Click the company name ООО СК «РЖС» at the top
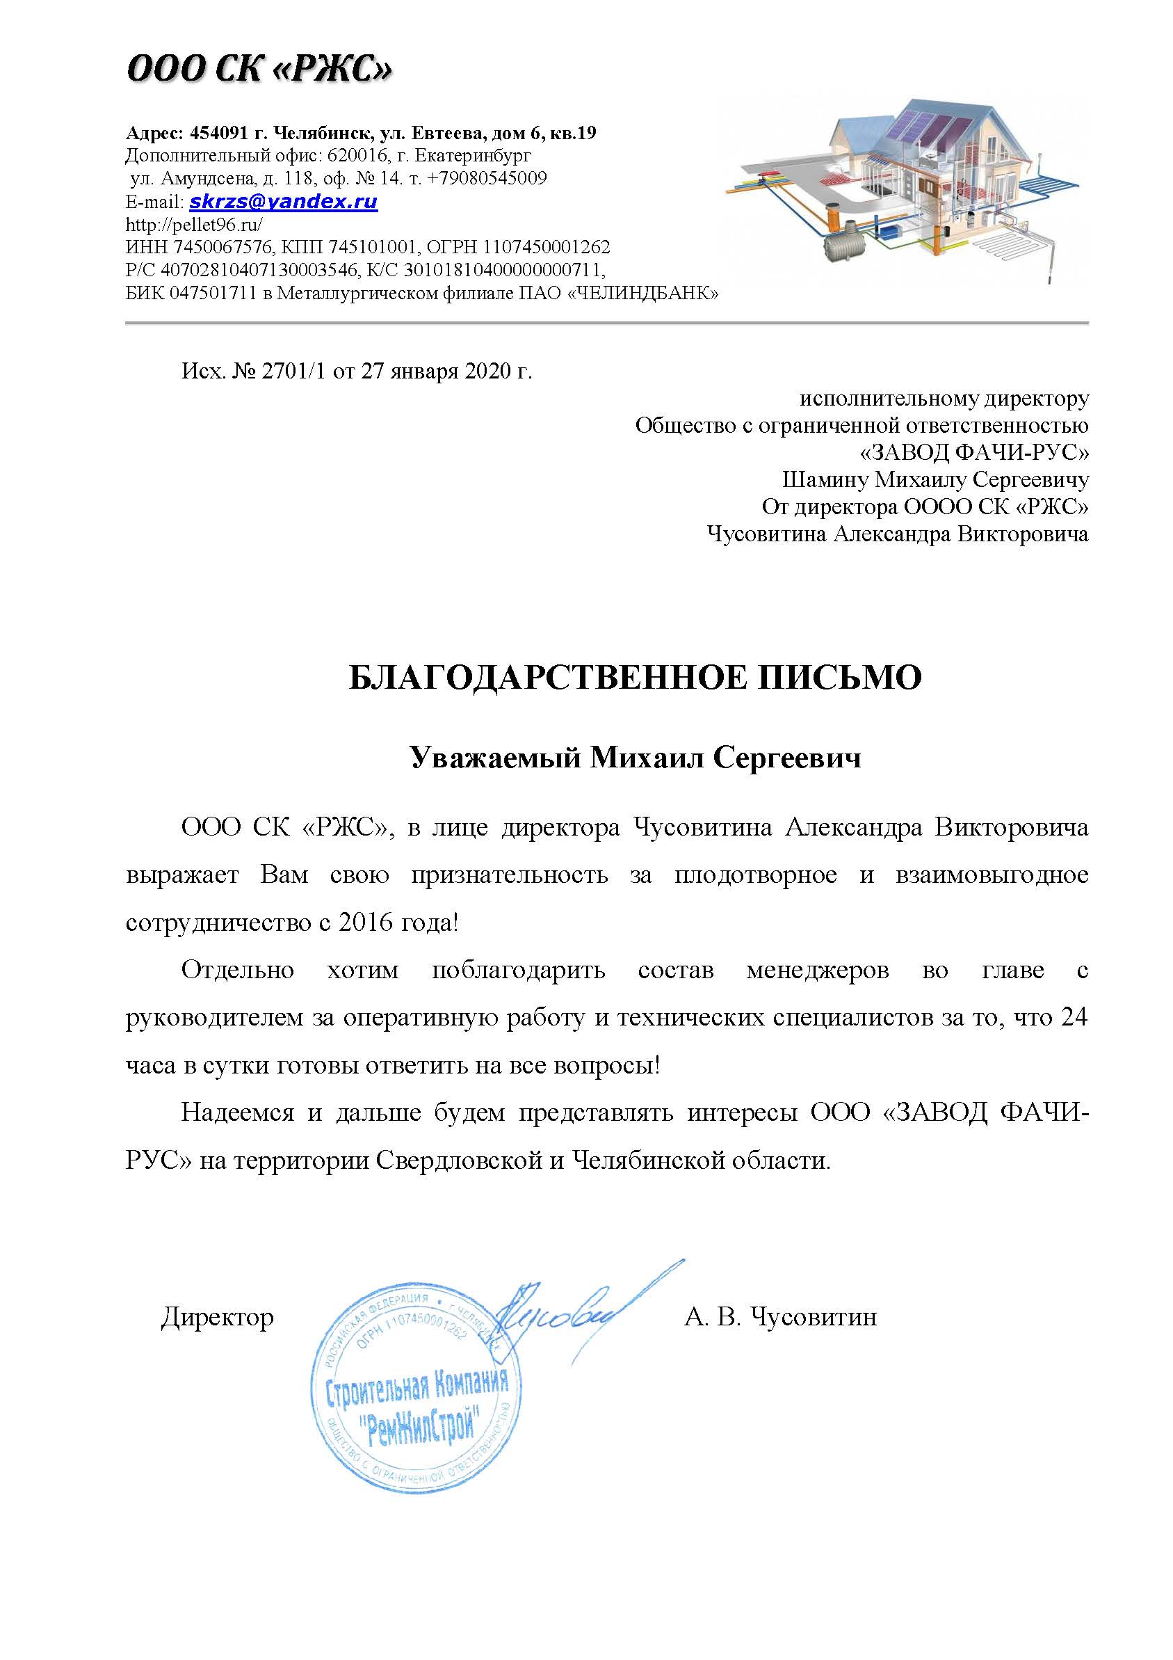click(259, 71)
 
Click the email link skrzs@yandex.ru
click(283, 201)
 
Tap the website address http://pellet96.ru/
click(194, 224)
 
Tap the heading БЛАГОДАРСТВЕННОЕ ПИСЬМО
click(635, 678)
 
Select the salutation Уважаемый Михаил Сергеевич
click(636, 758)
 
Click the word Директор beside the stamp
click(218, 1317)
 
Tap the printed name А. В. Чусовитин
click(781, 1317)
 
